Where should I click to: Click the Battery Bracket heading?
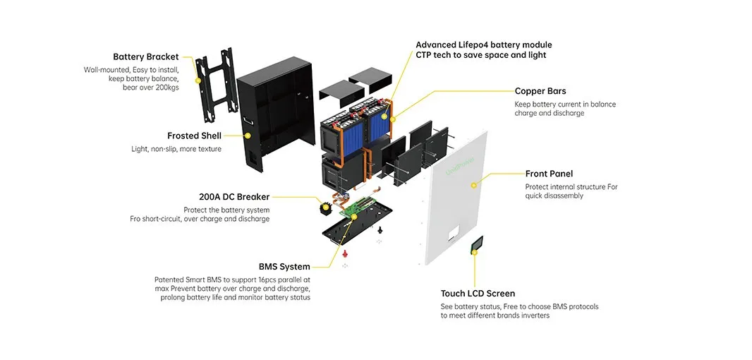coord(145,56)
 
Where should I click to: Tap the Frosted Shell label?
coord(194,136)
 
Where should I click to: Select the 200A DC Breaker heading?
coord(234,197)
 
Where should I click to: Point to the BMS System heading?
coord(284,267)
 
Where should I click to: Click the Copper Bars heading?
coord(540,91)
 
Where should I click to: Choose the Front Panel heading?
coord(549,174)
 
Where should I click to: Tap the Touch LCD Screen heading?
coord(478,294)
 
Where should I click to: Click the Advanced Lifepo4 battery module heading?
coord(483,45)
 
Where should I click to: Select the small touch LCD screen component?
coord(477,245)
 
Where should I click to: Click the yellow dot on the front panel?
coord(474,185)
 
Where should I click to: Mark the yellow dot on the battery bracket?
coord(199,82)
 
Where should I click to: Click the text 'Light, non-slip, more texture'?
coord(176,149)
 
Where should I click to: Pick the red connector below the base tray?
coord(345,253)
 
